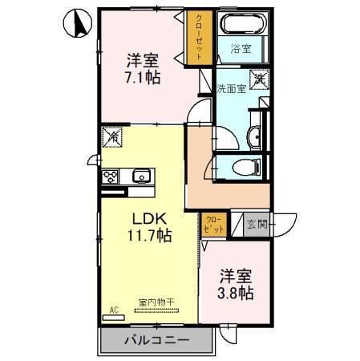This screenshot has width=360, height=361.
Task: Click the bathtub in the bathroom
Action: pyautogui.click(x=242, y=25)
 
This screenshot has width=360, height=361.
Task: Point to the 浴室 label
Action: pyautogui.click(x=241, y=49)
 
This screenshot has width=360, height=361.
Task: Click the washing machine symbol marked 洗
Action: pyautogui.click(x=259, y=79)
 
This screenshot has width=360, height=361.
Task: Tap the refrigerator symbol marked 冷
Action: pyautogui.click(x=114, y=139)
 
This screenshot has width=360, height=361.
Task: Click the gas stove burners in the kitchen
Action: pyautogui.click(x=111, y=177)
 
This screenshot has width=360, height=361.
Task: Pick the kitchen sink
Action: pyautogui.click(x=142, y=176)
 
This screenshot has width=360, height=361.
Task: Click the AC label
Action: pyautogui.click(x=113, y=309)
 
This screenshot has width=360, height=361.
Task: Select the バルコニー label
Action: pyautogui.click(x=156, y=341)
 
